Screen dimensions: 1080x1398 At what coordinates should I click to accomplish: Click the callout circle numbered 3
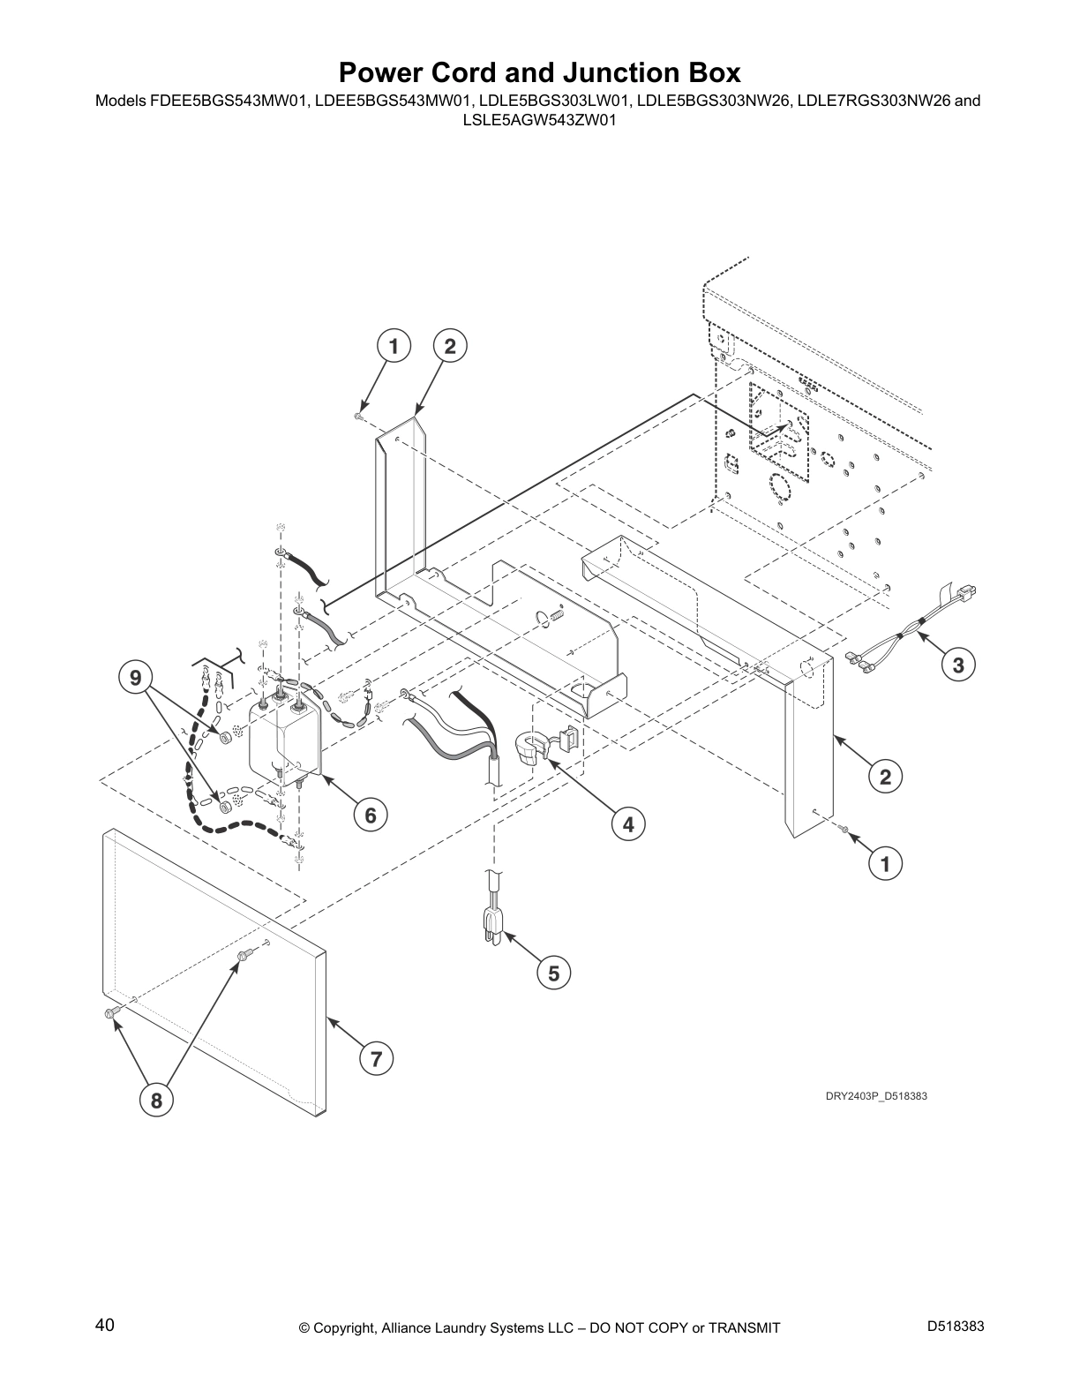click(957, 665)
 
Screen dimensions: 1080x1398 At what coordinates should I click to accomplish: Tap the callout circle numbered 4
click(628, 824)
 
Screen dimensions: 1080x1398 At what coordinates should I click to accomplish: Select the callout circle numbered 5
click(553, 973)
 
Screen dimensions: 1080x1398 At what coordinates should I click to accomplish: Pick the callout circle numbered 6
click(371, 815)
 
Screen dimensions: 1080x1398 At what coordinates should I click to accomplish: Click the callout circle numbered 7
click(376, 1058)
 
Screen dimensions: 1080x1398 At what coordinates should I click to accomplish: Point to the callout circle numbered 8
click(156, 1100)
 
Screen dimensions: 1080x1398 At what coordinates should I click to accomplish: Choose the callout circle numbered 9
click(135, 678)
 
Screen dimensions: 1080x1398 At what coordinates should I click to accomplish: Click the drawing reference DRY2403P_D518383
click(876, 1096)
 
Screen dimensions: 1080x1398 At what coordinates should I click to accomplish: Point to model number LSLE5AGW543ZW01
click(540, 120)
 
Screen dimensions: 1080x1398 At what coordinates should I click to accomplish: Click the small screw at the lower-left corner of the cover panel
click(109, 1013)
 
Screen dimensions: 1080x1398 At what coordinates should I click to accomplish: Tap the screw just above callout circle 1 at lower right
click(844, 831)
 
